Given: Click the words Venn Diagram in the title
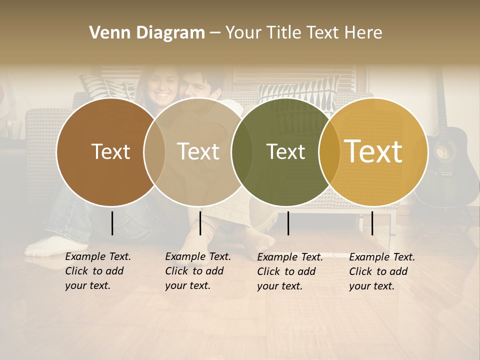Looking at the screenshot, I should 147,33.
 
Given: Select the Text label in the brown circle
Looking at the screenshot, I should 110,151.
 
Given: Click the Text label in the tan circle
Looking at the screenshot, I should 198,151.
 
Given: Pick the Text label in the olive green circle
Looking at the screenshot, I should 285,151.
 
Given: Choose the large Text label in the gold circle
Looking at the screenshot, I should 373,151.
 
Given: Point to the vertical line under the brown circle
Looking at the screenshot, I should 112,223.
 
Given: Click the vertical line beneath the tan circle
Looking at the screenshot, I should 200,223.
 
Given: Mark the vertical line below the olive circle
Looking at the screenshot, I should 288,223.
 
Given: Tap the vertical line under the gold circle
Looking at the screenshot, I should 372,223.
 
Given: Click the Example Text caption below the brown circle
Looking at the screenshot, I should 98,271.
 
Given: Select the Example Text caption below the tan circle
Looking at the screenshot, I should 198,271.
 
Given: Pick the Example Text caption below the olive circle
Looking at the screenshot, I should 290,271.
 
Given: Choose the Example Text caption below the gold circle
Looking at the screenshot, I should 382,271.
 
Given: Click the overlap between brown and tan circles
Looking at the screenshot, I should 154,151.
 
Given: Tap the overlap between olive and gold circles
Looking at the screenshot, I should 329,151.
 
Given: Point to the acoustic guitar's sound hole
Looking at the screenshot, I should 445,150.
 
